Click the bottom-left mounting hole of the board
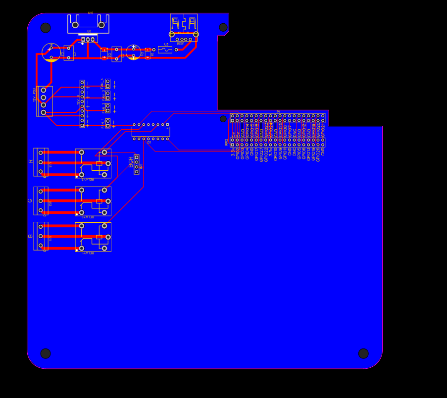[46, 353]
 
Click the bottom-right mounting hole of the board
[363, 353]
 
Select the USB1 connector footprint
[184, 27]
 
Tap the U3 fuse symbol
[165, 50]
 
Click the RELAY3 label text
[88, 179]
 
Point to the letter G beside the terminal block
[30, 201]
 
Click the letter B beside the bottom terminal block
[30, 236]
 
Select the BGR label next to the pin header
[131, 162]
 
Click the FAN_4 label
[102, 83]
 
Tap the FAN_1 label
[102, 123]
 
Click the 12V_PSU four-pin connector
[44, 101]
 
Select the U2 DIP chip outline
[150, 132]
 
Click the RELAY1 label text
[88, 253]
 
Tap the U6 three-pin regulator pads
[88, 39]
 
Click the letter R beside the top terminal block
[31, 161]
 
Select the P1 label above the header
[278, 112]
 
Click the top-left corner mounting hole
[46, 28]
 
